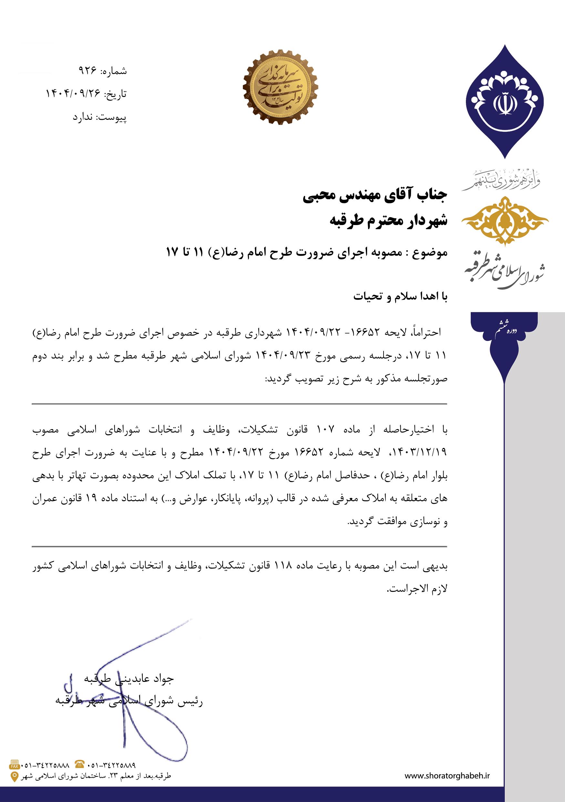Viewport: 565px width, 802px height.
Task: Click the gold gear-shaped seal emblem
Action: tap(281, 87)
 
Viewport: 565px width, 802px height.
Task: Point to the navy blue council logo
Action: tap(504, 101)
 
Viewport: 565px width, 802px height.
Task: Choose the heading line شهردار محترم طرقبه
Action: tap(388, 221)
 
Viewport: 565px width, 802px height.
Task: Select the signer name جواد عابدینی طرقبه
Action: tap(129, 678)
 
